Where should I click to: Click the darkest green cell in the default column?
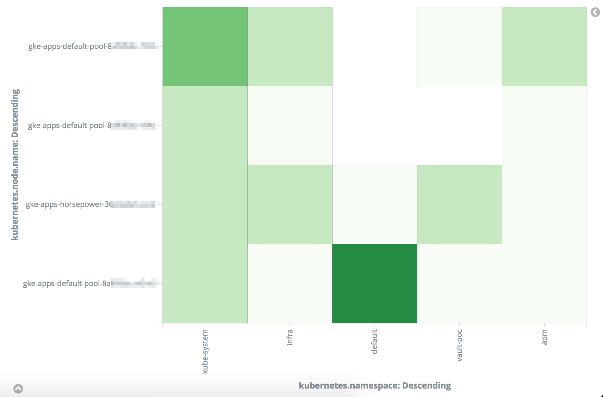(x=374, y=283)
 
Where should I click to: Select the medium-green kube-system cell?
(x=205, y=46)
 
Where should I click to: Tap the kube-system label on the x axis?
(x=205, y=351)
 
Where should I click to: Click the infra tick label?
(x=290, y=337)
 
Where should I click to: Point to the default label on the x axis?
(x=374, y=341)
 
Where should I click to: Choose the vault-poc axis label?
(x=459, y=345)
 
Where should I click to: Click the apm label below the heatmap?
(x=545, y=337)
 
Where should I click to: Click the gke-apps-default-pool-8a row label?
(x=67, y=284)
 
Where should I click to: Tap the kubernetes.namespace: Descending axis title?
(x=375, y=386)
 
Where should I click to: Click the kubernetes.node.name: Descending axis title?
(x=15, y=165)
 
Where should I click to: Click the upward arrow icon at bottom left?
(x=18, y=389)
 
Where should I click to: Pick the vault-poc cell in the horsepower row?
(x=459, y=204)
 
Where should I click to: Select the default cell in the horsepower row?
(x=374, y=204)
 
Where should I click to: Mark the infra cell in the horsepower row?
(x=290, y=204)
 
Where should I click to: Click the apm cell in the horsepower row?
(x=544, y=204)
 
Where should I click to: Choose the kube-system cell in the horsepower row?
(x=205, y=204)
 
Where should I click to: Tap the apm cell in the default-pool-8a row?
(x=544, y=283)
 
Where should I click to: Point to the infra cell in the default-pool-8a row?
(x=290, y=283)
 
